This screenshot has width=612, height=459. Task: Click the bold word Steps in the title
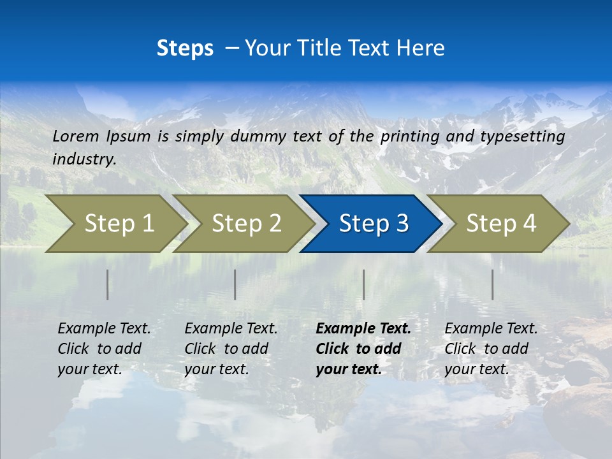(185, 48)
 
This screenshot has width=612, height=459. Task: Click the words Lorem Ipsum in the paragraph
(101, 136)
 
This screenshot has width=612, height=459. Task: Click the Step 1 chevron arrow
(115, 224)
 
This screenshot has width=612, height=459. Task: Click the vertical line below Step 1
(108, 284)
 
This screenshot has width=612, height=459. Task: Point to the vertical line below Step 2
(235, 284)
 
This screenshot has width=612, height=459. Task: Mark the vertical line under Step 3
(363, 284)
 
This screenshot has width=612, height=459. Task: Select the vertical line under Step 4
(492, 284)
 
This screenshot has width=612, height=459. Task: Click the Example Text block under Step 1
(104, 349)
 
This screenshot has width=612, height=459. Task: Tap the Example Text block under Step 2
(231, 349)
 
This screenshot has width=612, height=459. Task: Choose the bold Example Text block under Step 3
(363, 349)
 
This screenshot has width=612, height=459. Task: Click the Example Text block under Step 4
(491, 349)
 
